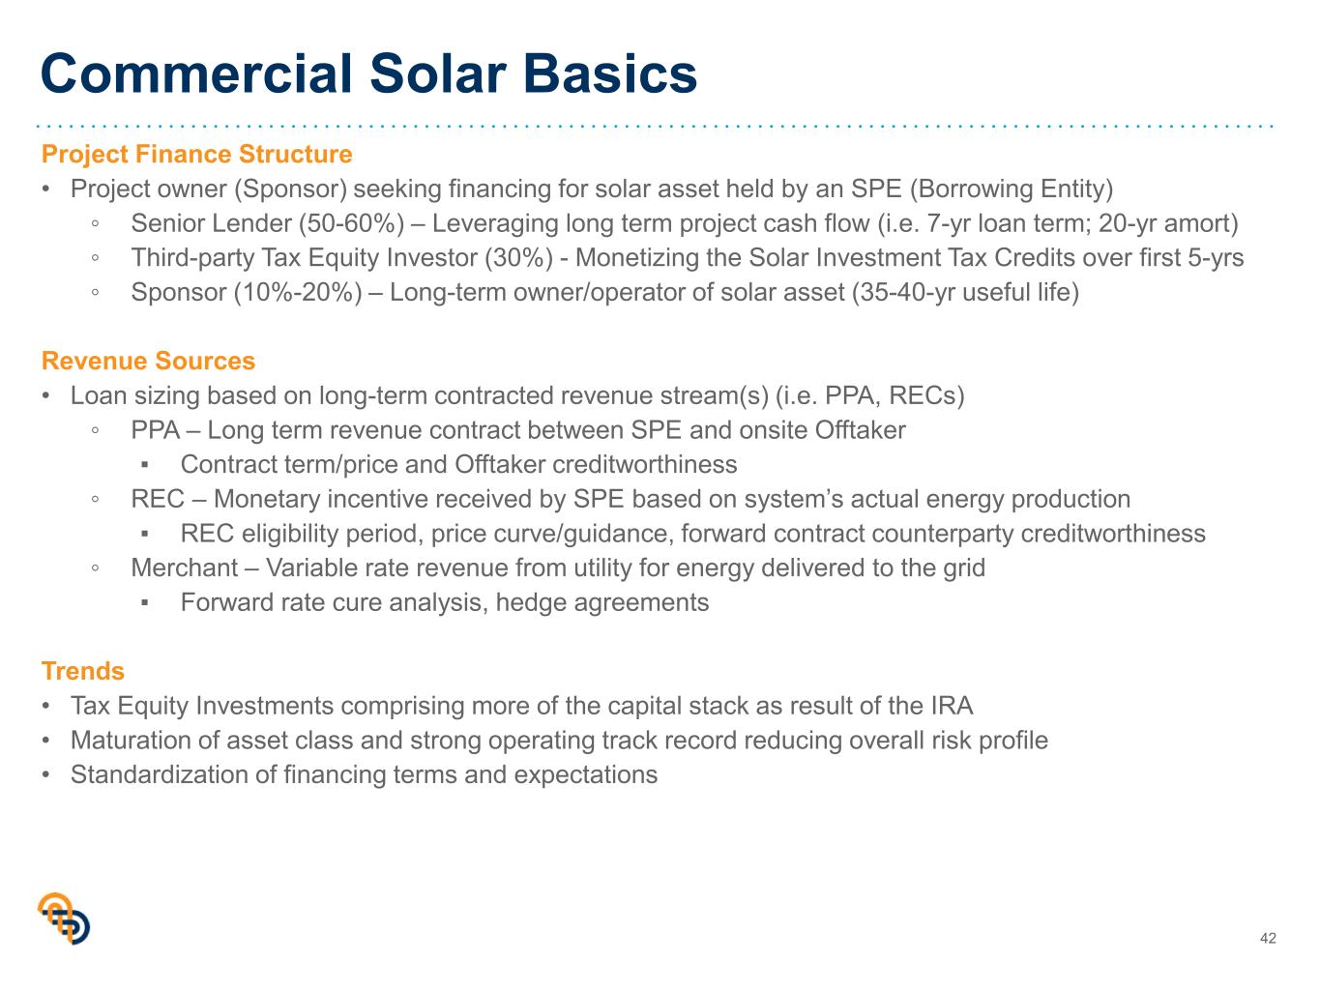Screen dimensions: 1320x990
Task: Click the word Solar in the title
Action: click(438, 73)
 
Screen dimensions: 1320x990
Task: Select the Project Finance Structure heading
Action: click(196, 154)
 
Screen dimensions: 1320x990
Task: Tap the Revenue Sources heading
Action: click(149, 361)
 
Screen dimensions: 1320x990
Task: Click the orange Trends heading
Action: click(83, 671)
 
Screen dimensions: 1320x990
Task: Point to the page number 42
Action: click(1268, 938)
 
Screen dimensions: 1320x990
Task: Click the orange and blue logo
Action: click(64, 917)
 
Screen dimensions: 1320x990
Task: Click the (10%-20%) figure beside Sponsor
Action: click(298, 293)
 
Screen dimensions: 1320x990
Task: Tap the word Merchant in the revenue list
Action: click(185, 568)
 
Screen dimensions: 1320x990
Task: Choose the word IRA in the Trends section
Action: click(952, 706)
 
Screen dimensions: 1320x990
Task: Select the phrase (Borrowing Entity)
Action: click(1012, 189)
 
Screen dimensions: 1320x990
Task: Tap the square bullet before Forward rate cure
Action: click(144, 603)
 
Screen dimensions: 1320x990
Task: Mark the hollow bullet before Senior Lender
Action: click(95, 223)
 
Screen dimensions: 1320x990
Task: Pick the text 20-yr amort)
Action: click(1168, 223)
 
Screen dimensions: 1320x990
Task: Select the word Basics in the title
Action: click(610, 73)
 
